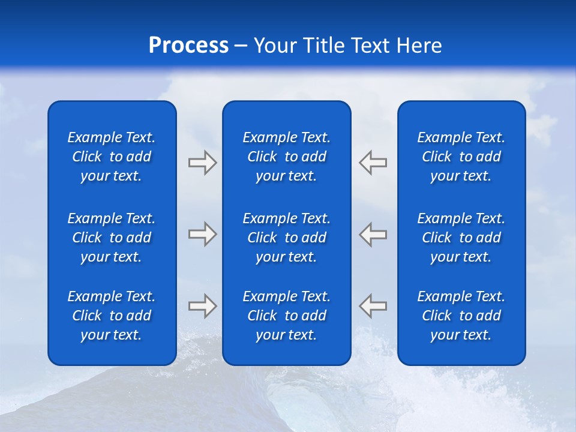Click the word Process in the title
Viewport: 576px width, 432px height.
[x=188, y=46]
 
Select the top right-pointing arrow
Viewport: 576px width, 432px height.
[x=202, y=163]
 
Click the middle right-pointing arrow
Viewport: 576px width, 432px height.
[x=202, y=234]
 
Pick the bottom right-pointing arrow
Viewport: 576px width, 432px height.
[x=202, y=306]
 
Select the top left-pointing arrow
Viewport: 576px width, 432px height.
[x=373, y=163]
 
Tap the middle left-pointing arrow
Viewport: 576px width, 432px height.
[x=373, y=234]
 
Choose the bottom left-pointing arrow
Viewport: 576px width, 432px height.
[x=373, y=306]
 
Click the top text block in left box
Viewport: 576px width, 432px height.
[x=112, y=157]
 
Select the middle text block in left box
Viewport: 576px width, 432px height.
[x=112, y=238]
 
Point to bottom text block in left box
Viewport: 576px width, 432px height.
[x=112, y=316]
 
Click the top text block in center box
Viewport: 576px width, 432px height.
[x=287, y=157]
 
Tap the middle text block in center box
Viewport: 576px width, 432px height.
[x=287, y=238]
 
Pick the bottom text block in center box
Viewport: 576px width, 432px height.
[x=287, y=316]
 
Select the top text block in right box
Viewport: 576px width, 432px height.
[x=461, y=157]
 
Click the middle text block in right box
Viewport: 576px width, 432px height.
[x=461, y=238]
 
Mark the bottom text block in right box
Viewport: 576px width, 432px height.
[x=461, y=316]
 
